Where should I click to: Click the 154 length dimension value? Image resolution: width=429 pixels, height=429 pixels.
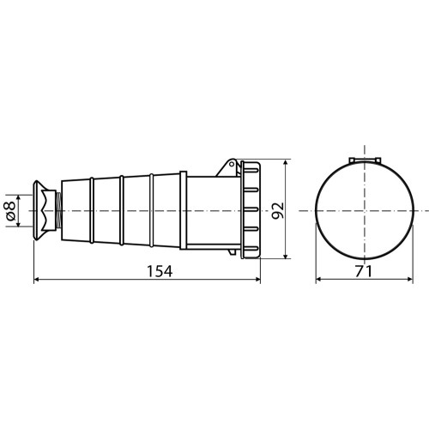tap(160, 271)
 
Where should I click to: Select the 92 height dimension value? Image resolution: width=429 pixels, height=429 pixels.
tap(277, 210)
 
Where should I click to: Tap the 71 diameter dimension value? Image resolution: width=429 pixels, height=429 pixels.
tap(364, 271)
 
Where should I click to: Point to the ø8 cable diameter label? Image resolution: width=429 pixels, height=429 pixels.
tap(10, 211)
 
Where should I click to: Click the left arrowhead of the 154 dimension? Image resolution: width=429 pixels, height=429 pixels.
tap(37, 279)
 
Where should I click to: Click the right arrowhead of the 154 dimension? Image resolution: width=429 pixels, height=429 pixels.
tap(257, 279)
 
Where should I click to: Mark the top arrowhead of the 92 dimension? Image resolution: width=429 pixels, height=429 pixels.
tap(286, 162)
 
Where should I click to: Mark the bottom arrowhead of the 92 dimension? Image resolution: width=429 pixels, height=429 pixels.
tap(286, 256)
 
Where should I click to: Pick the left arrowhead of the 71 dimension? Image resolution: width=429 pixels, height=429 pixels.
tap(318, 279)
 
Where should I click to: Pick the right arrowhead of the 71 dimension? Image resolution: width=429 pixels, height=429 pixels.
tap(410, 279)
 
